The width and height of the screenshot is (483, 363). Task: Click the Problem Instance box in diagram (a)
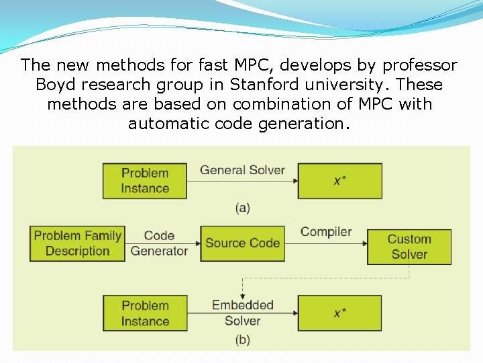coord(145,180)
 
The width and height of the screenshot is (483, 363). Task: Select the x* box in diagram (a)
coord(339,180)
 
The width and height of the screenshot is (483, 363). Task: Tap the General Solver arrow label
coord(242,170)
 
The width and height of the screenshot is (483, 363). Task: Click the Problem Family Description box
coord(77,243)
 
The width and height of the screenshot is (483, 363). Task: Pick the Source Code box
coord(242,243)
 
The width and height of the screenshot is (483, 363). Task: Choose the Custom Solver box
coord(409,247)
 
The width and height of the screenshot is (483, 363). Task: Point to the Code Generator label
coord(159,243)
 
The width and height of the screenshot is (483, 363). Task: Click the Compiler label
coord(326,232)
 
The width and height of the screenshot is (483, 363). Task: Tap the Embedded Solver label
coord(243,313)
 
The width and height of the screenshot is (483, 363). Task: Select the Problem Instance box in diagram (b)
coord(145,313)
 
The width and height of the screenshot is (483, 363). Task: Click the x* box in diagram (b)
coord(339,313)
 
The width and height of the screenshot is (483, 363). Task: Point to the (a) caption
coord(243,208)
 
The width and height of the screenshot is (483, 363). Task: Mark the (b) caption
coord(243,340)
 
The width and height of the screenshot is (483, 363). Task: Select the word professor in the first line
coord(420,66)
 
